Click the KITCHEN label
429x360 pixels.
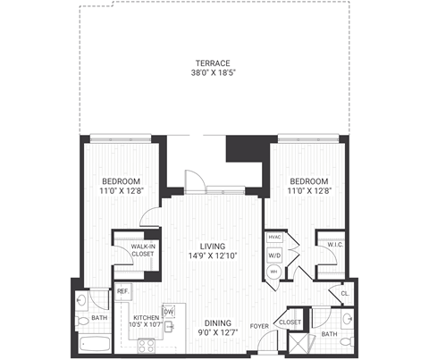tap(146, 318)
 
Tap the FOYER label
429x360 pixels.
tap(259, 325)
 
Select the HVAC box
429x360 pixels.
tap(273, 239)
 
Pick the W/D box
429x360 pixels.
tap(273, 255)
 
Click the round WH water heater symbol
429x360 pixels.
tap(274, 271)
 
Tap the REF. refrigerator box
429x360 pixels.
tap(122, 292)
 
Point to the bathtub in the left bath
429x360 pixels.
tap(93, 344)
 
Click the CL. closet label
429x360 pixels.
tap(344, 292)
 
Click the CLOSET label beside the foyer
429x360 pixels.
tap(289, 322)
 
